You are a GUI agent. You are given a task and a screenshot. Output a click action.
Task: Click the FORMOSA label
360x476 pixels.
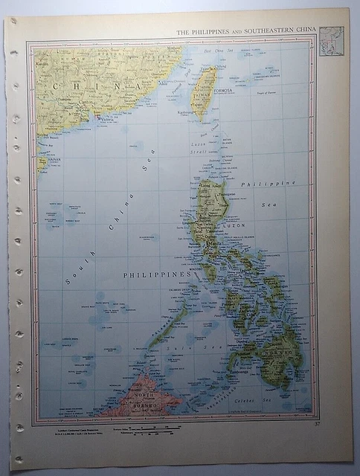(x=222, y=91)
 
